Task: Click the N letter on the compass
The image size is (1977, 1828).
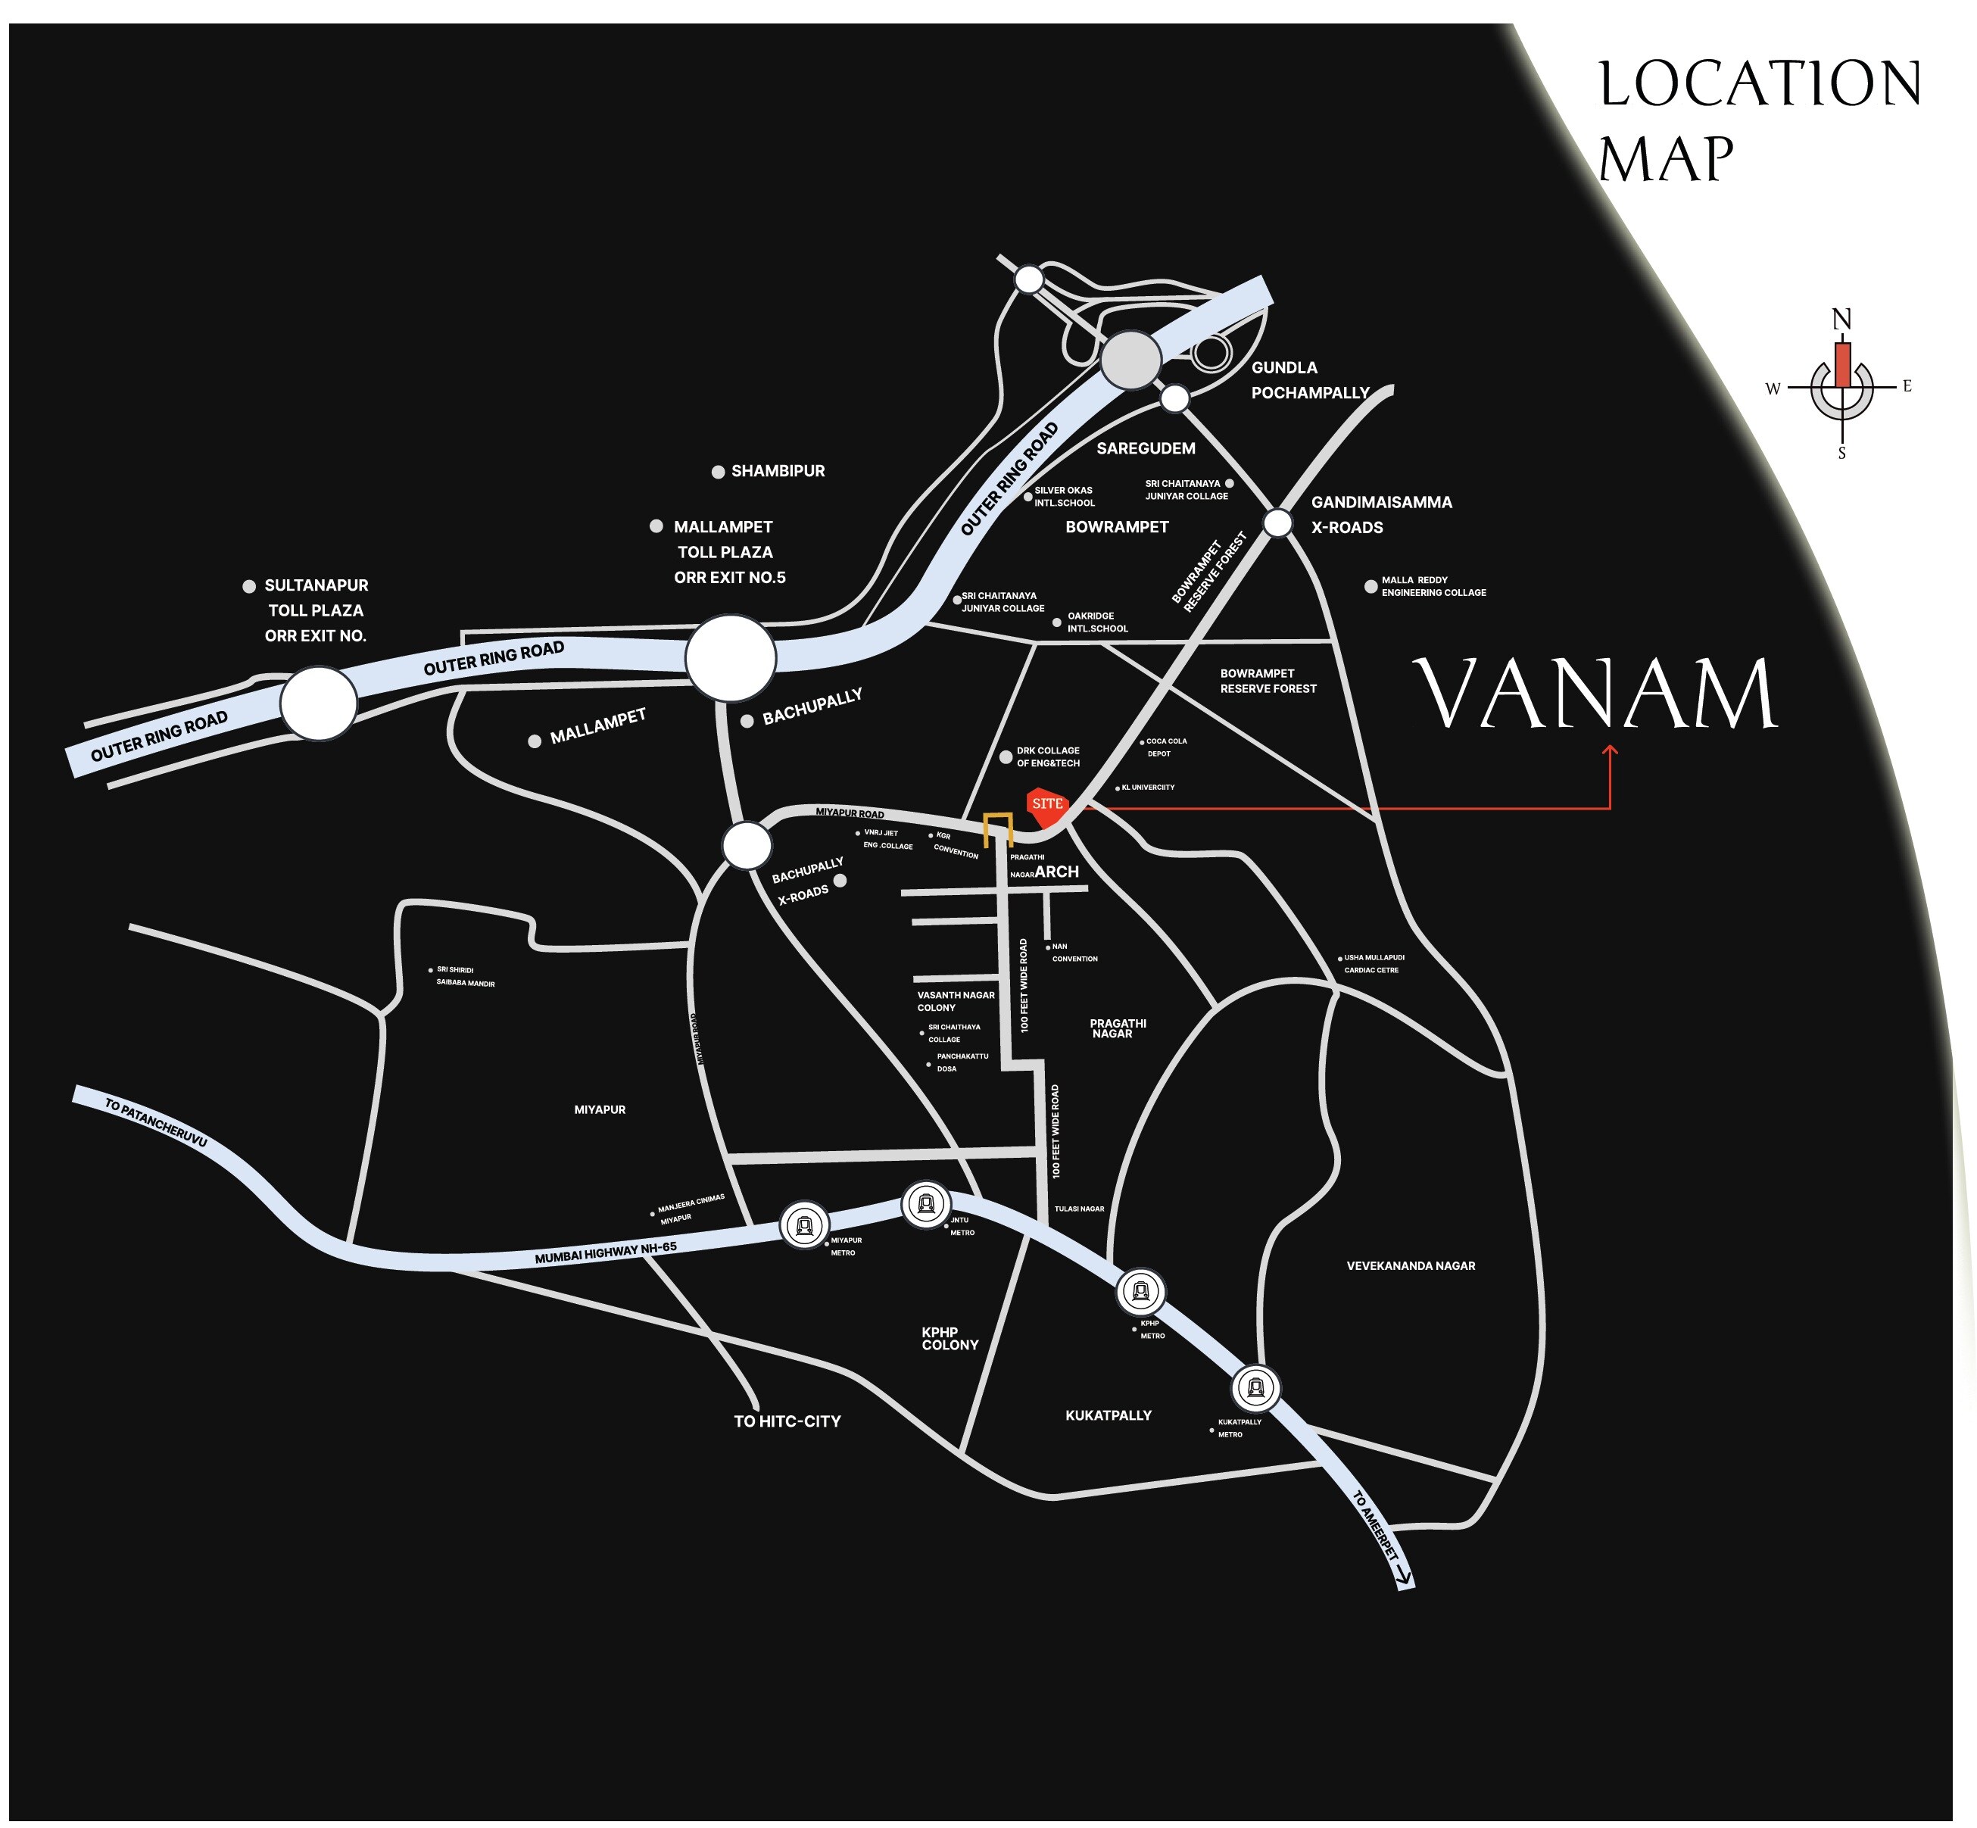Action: tap(1841, 320)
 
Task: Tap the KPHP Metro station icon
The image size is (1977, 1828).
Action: tap(1140, 1291)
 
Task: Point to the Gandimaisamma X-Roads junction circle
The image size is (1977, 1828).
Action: tap(1278, 523)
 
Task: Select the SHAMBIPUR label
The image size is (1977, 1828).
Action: tap(778, 471)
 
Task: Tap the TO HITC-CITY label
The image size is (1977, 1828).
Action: tap(787, 1421)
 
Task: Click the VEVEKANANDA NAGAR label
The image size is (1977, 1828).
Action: tap(1411, 1266)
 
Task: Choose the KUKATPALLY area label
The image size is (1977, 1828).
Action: tap(1108, 1415)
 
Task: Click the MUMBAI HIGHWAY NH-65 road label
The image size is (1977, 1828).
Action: tap(605, 1252)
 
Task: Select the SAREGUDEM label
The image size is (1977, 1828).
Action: tap(1146, 448)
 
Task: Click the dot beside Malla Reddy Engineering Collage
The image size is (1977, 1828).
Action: tap(1370, 587)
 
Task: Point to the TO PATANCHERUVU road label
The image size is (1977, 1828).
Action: tap(155, 1123)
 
